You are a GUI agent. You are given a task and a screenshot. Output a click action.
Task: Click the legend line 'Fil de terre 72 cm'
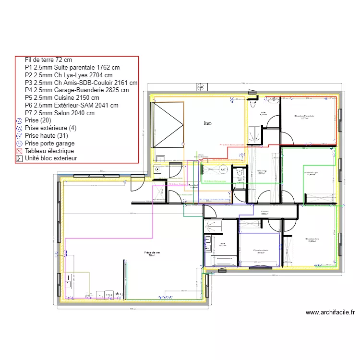[x=48, y=60]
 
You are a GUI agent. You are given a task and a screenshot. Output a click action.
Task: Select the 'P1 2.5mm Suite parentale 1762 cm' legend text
[x=72, y=68]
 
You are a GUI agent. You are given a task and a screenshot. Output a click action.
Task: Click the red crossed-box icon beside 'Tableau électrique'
[x=19, y=151]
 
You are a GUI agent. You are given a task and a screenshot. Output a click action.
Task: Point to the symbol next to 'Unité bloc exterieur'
[x=19, y=158]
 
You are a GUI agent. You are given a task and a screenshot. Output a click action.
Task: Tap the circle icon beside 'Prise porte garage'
[x=19, y=143]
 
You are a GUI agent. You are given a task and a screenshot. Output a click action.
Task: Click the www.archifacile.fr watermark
[x=330, y=312]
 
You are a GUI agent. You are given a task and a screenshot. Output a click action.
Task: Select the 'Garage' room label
[x=208, y=123]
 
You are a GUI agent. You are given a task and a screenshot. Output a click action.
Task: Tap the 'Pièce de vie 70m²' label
[x=151, y=254]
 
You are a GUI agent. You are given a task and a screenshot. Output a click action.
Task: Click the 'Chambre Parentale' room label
[x=304, y=117]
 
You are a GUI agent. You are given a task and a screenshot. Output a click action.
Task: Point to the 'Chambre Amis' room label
[x=260, y=251]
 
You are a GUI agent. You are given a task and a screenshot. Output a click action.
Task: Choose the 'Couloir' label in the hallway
[x=264, y=212]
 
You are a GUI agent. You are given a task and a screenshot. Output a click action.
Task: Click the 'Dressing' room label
[x=262, y=171]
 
